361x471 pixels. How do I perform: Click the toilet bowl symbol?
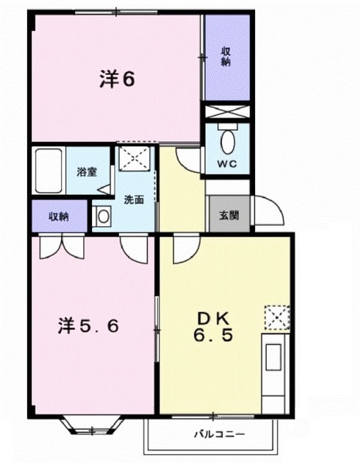(226, 140)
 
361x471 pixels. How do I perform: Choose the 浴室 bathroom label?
(87, 172)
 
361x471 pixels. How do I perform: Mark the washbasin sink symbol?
(101, 217)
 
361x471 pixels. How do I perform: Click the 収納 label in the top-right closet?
(226, 57)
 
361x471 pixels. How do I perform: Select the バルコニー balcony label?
(218, 434)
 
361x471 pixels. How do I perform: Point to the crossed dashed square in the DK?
(278, 319)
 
